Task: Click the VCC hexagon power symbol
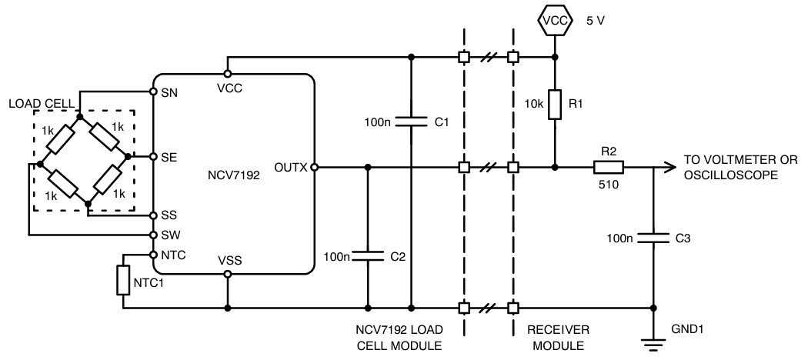[554, 22]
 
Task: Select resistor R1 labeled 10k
[554, 105]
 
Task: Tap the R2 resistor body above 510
[607, 166]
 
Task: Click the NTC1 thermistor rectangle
[122, 280]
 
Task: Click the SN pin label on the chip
[169, 93]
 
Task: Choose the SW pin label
[170, 234]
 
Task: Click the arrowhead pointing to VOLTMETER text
[666, 166]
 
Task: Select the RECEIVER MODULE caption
[558, 337]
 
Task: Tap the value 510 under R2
[607, 185]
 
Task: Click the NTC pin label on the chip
[172, 254]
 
